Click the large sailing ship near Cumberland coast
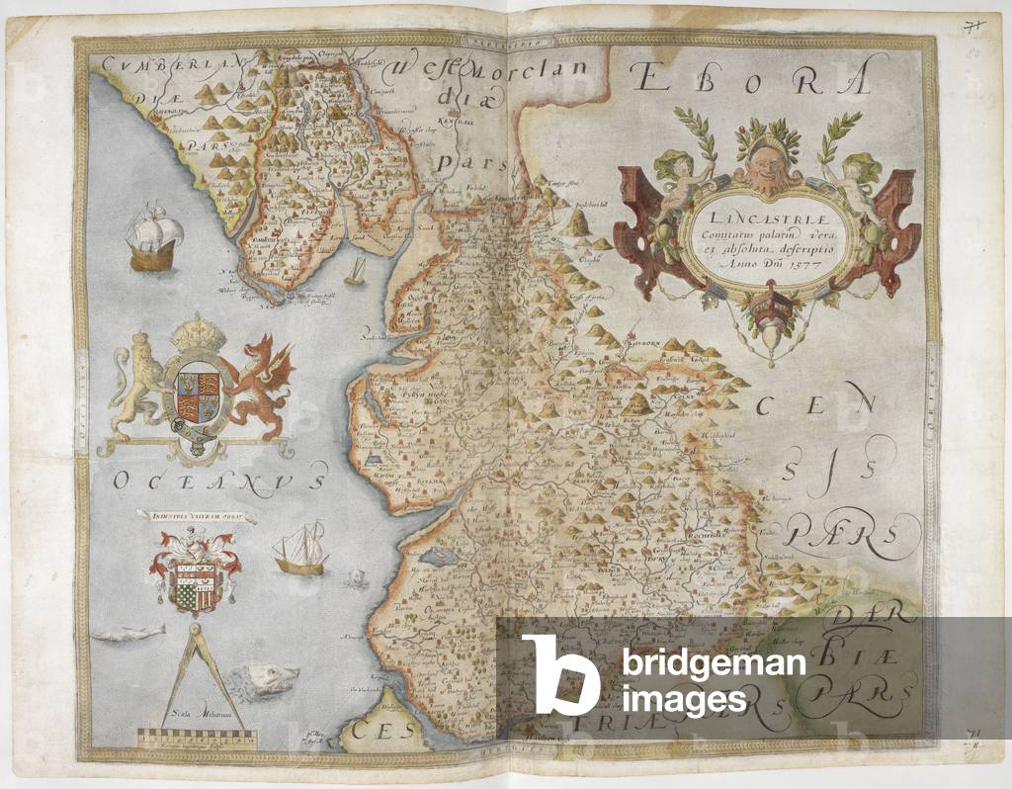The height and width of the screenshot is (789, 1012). pos(154,238)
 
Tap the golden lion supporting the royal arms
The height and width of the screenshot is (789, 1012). pos(139,386)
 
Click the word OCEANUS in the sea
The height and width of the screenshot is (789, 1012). pos(217,482)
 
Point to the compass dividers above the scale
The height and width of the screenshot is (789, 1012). pos(194,672)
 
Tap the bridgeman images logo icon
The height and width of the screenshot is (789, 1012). pos(559,673)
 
